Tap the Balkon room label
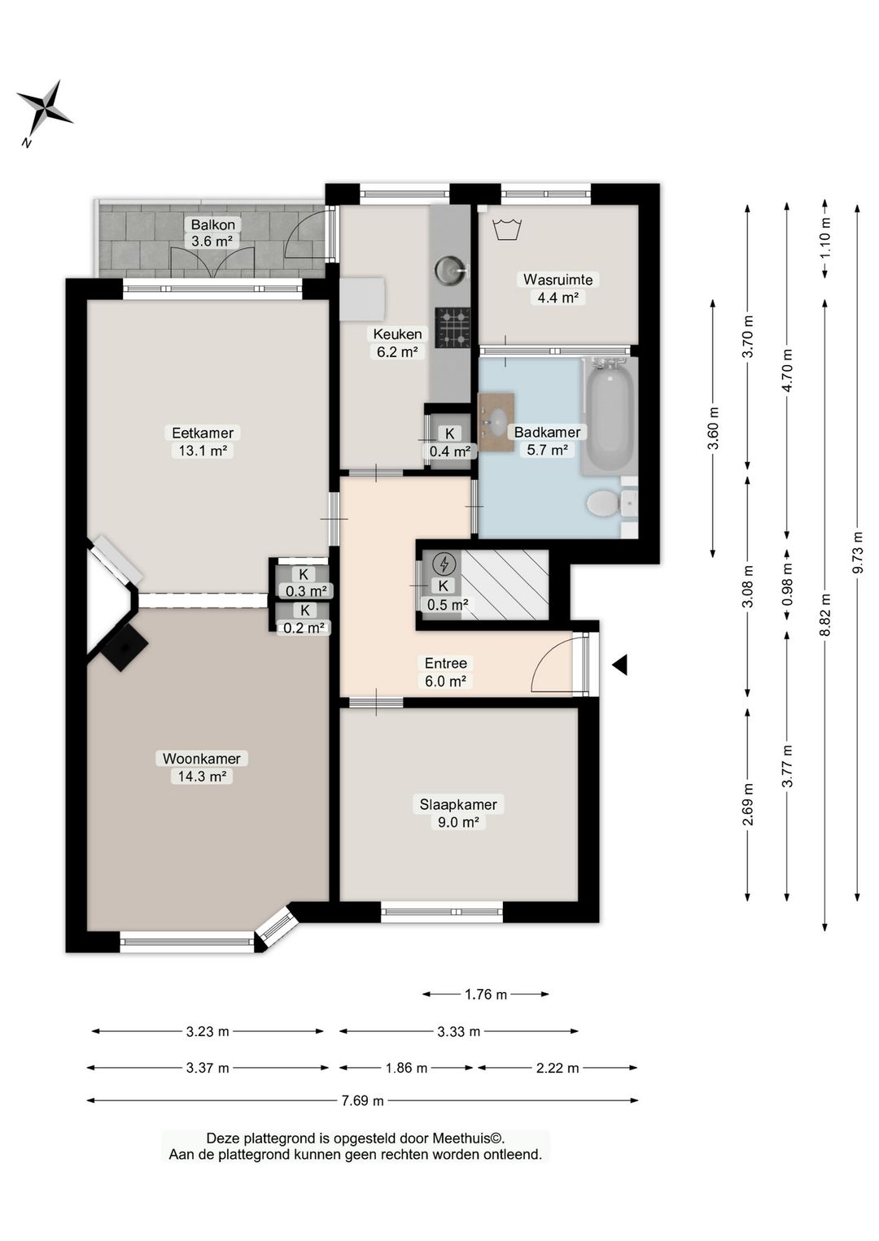213,224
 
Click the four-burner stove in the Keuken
452,328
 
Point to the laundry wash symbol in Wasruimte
507,229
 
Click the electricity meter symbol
444,564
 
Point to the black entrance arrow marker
620,664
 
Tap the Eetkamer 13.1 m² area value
203,451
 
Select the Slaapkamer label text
457,804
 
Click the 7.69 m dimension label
362,1116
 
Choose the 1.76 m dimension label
486,995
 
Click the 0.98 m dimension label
786,585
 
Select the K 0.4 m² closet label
450,442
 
